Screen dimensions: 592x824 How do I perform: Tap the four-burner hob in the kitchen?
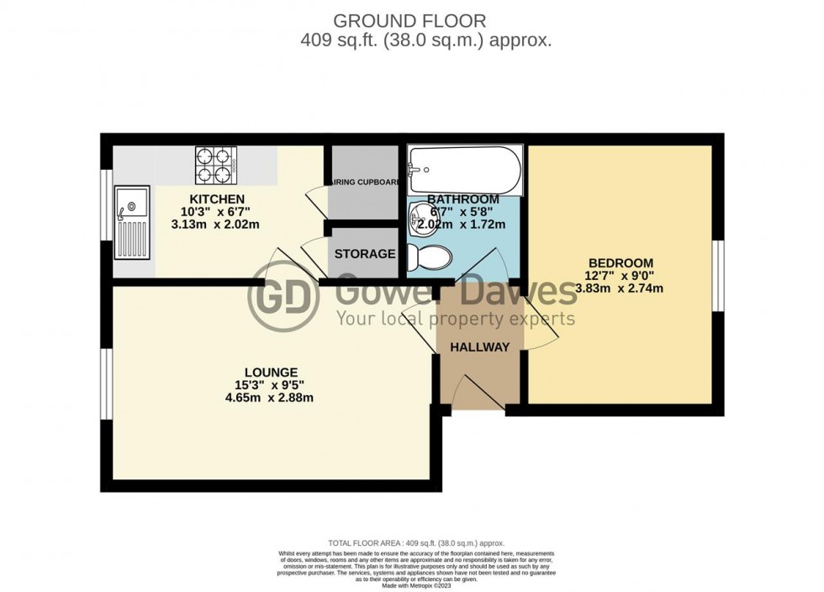(216, 166)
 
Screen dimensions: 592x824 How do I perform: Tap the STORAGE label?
(365, 254)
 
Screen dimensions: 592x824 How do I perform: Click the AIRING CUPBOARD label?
(362, 179)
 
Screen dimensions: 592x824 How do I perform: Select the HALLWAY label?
(479, 347)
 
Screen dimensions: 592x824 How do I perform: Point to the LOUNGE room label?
(271, 371)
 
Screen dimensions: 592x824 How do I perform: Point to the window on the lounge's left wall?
(106, 383)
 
